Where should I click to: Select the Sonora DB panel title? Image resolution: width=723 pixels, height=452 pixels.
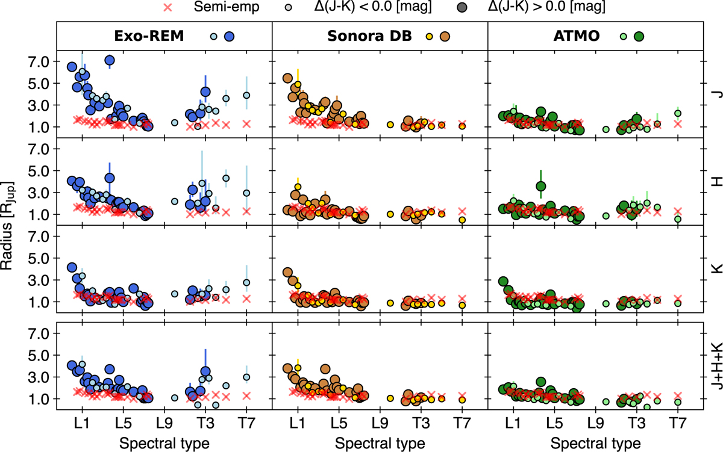pyautogui.click(x=369, y=36)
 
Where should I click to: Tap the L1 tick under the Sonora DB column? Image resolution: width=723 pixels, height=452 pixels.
pyautogui.click(x=296, y=422)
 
